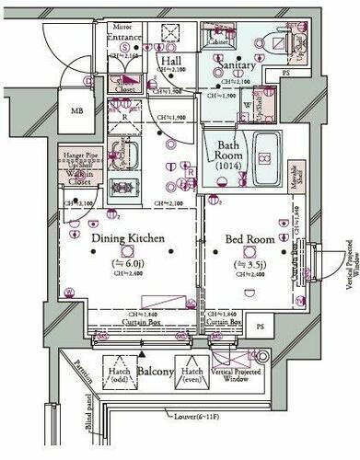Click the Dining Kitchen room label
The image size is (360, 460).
[127, 239]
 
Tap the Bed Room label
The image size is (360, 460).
[251, 239]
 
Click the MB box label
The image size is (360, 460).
[76, 113]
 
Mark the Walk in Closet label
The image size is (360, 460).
[78, 171]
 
